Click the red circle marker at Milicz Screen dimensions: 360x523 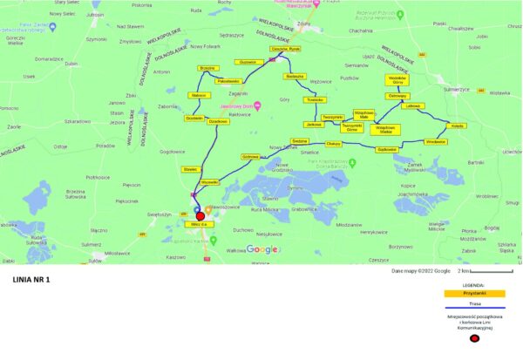[x=200, y=216]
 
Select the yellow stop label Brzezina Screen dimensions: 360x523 [x=207, y=68]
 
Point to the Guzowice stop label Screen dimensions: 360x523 [x=247, y=62]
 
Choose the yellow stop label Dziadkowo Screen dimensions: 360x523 [x=218, y=121]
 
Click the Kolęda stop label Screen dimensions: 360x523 [x=458, y=126]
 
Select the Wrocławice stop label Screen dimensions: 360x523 [x=435, y=141]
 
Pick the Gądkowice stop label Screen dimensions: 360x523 [x=387, y=149]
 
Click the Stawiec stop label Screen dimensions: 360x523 [x=191, y=168]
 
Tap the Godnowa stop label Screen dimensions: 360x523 [x=251, y=157]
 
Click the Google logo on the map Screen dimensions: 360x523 [x=262, y=249]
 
